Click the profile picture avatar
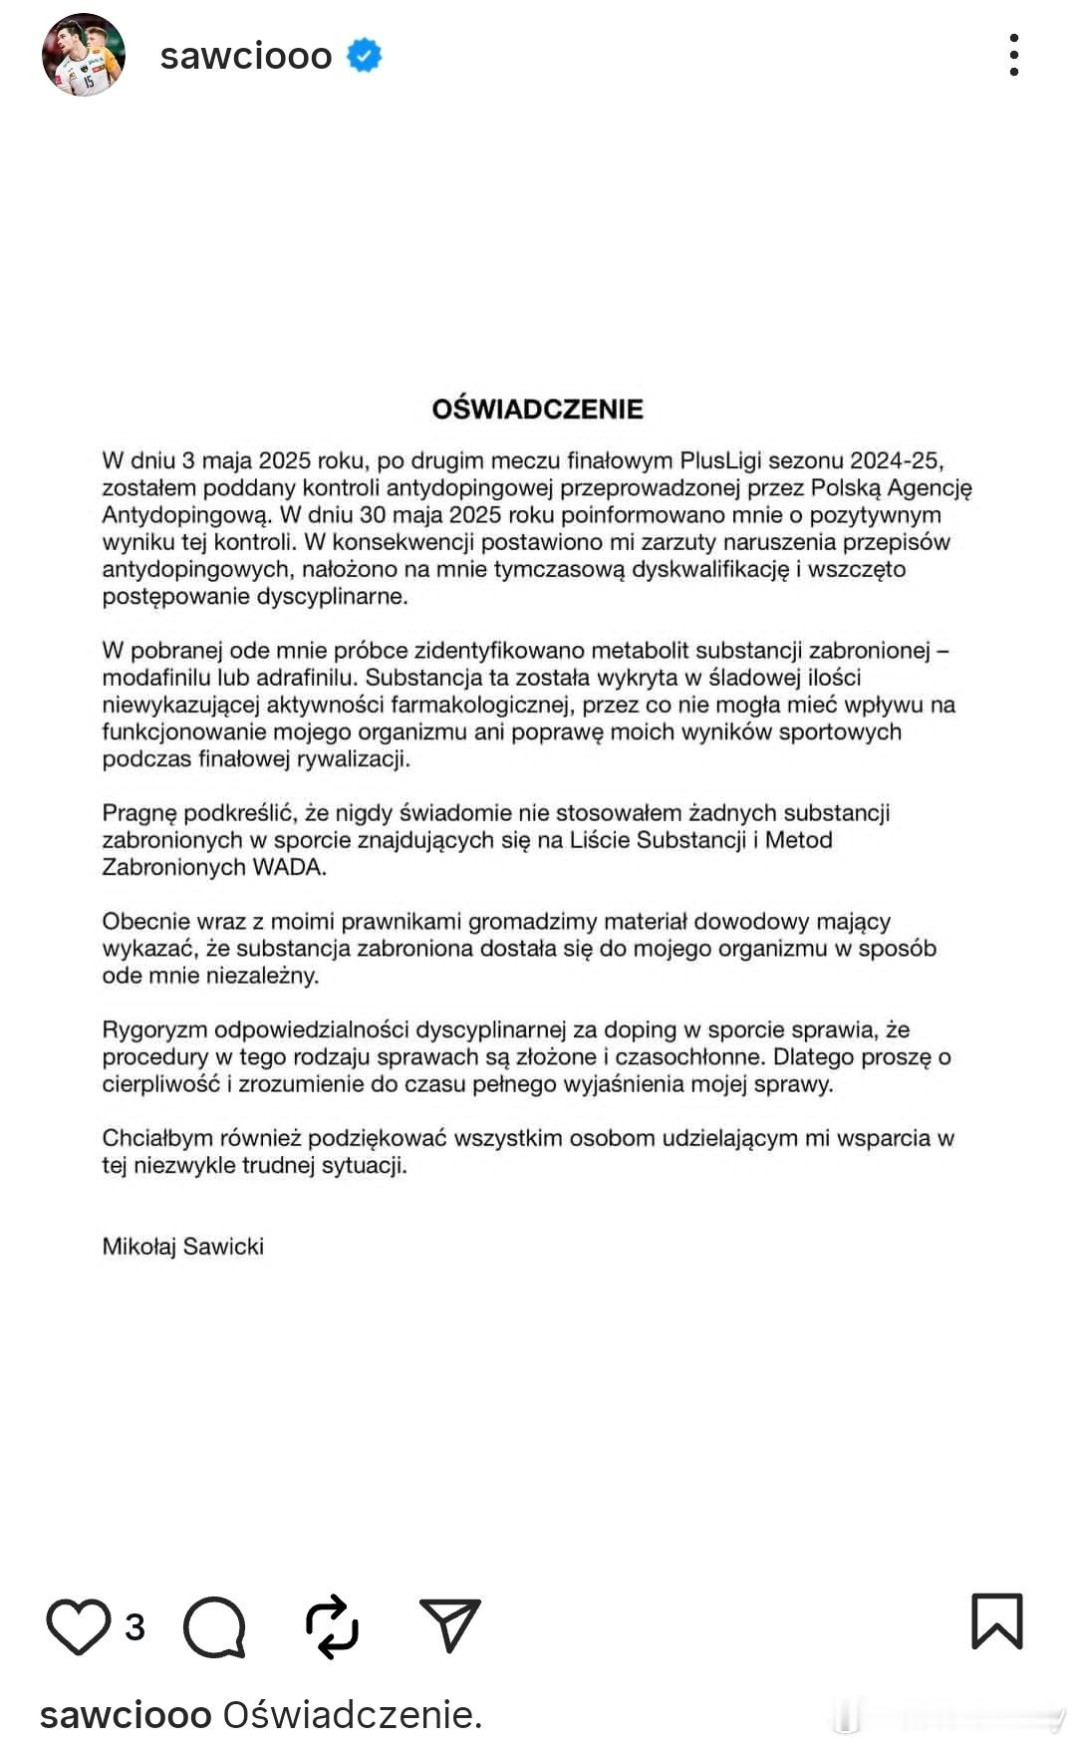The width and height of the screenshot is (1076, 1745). point(84,55)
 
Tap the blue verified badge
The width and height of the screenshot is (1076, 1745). point(364,56)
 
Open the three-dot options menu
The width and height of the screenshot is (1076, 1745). point(1013,55)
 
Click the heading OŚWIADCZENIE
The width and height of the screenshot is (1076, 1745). point(537,409)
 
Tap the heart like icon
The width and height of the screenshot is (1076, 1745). point(79,1626)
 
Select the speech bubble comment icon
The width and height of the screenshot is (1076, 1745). point(214,1627)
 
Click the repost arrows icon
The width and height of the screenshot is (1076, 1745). point(332,1626)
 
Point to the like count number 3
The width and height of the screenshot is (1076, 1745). point(134,1627)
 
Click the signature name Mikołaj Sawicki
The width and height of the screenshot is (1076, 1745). point(182,1246)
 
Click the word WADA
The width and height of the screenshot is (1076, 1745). point(289,867)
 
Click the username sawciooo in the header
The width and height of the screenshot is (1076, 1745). point(246,56)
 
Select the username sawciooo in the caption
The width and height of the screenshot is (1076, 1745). point(126,1715)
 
